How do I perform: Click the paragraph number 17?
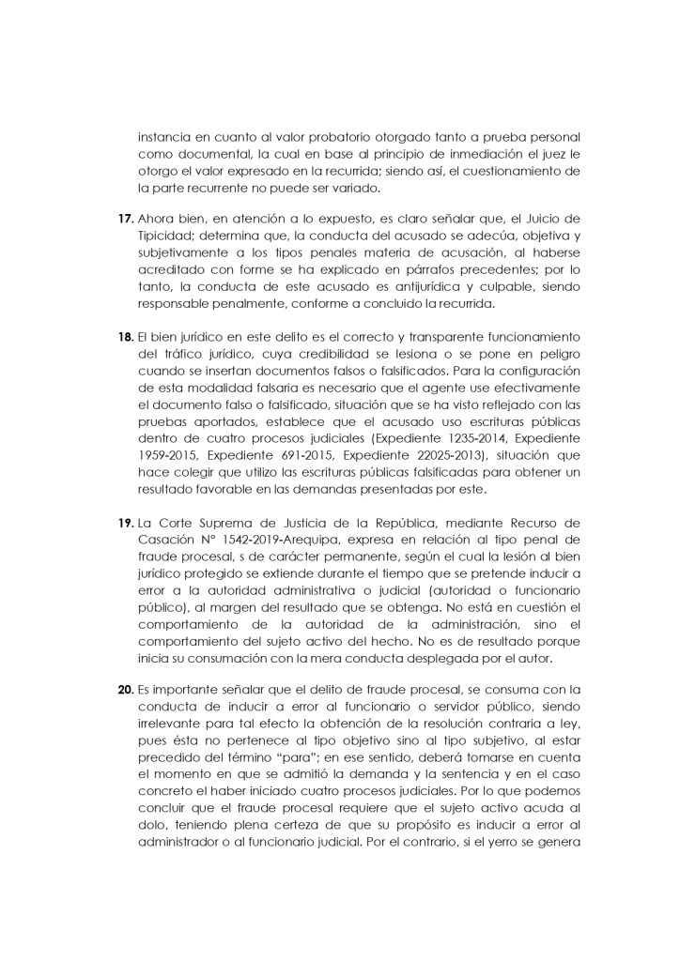[x=126, y=219]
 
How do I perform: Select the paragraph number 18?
[x=126, y=335]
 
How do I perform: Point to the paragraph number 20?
[x=126, y=689]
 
